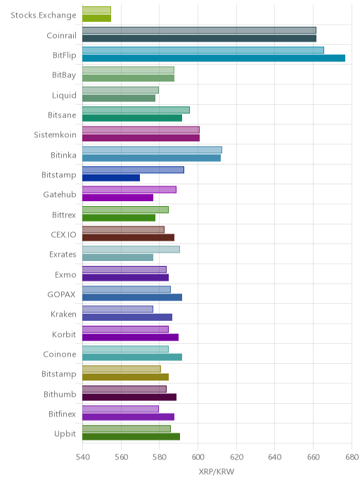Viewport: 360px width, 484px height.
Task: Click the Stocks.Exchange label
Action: (x=43, y=15)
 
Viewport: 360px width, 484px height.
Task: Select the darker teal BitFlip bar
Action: (x=214, y=58)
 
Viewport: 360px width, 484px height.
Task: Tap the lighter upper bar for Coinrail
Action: (x=199, y=30)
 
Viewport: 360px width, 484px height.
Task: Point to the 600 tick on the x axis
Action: (x=198, y=457)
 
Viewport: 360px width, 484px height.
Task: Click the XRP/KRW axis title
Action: (x=217, y=471)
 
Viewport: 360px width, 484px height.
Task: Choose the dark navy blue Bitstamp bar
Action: (x=111, y=178)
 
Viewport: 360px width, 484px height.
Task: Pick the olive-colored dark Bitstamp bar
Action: (x=126, y=377)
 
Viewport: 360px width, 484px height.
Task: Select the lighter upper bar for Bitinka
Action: (x=152, y=150)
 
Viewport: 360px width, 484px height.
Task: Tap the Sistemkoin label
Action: (x=55, y=135)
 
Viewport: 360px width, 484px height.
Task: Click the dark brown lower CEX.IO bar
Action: (x=129, y=237)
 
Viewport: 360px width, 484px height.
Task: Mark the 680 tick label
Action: (x=352, y=457)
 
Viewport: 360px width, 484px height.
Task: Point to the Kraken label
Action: (x=63, y=314)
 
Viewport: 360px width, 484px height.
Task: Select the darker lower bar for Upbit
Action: (x=131, y=436)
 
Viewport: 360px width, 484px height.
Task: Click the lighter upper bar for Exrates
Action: (x=131, y=250)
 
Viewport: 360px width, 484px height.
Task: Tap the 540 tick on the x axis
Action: (x=82, y=457)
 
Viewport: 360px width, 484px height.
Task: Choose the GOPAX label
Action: (x=61, y=295)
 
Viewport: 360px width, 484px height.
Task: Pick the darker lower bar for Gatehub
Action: (x=118, y=198)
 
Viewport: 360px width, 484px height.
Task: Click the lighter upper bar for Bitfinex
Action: (x=121, y=409)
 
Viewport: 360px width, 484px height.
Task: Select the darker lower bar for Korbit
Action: (x=131, y=337)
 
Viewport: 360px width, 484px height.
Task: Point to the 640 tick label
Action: (x=274, y=457)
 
